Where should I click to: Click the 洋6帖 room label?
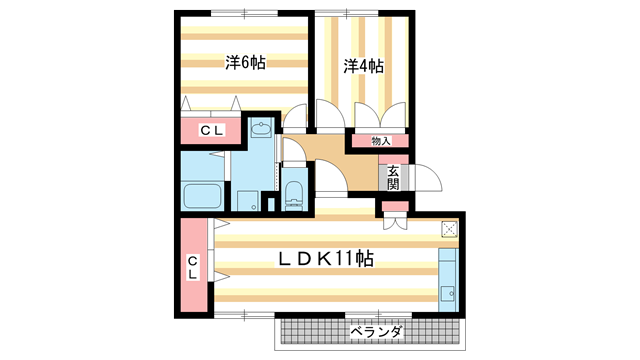pyautogui.click(x=245, y=62)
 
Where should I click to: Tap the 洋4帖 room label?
pyautogui.click(x=365, y=66)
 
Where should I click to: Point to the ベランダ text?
pyautogui.click(x=375, y=330)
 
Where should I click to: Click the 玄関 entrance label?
pyautogui.click(x=393, y=177)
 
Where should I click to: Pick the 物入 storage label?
pyautogui.click(x=380, y=140)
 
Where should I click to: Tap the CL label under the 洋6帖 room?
pyautogui.click(x=212, y=130)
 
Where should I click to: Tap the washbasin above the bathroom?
pyautogui.click(x=263, y=129)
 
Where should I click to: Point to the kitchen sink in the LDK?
pyautogui.click(x=447, y=293)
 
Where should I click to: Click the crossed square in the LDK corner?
pyautogui.click(x=449, y=229)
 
